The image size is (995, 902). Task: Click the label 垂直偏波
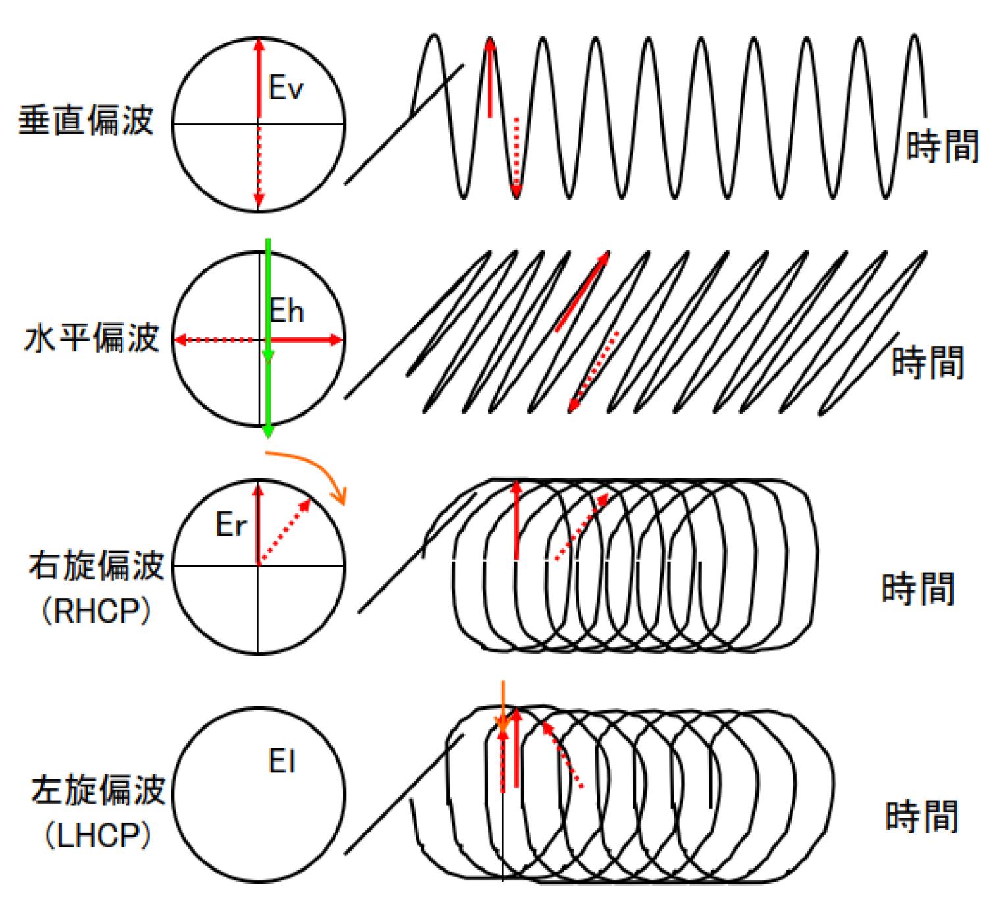click(86, 121)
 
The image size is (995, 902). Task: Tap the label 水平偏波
click(92, 339)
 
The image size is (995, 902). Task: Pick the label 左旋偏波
click(98, 789)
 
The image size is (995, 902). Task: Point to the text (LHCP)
click(98, 836)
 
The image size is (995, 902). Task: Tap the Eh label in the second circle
click(287, 310)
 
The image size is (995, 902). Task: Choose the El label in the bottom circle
click(282, 762)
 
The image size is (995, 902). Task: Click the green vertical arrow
click(268, 336)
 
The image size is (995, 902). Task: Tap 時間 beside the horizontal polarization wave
click(927, 362)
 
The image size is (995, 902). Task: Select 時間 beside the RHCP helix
click(918, 588)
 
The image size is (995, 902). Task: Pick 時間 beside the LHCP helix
click(921, 816)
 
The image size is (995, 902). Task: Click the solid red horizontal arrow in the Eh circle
click(307, 340)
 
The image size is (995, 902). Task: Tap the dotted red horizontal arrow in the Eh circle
click(215, 340)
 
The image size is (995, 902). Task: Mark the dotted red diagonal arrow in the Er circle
click(285, 532)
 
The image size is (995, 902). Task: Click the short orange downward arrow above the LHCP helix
click(503, 705)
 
